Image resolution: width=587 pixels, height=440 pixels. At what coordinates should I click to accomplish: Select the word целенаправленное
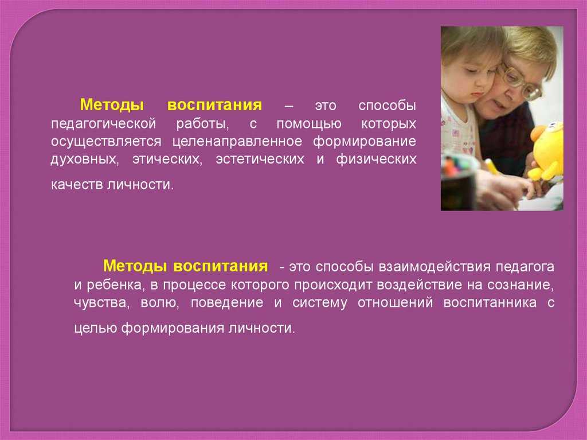tap(237, 142)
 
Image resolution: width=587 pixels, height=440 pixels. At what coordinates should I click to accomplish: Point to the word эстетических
tap(260, 159)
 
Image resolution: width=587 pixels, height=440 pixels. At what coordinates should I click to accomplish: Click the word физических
tap(376, 159)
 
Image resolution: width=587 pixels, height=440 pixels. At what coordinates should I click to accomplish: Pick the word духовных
tap(85, 159)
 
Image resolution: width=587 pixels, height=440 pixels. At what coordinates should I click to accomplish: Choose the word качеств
tap(77, 185)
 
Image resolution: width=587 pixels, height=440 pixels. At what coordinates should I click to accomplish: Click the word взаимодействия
tap(435, 267)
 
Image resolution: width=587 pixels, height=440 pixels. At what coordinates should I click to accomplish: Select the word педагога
tap(525, 267)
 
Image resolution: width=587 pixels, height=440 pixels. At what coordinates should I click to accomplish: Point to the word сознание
tap(521, 285)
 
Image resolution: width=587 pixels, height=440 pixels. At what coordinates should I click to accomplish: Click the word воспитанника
tap(490, 302)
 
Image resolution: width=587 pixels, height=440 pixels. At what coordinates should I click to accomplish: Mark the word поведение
tap(227, 303)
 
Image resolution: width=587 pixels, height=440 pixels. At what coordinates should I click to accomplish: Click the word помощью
tap(309, 124)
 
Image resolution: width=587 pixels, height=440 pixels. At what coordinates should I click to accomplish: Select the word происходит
tap(333, 286)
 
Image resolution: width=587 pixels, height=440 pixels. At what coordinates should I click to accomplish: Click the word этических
tap(167, 159)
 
